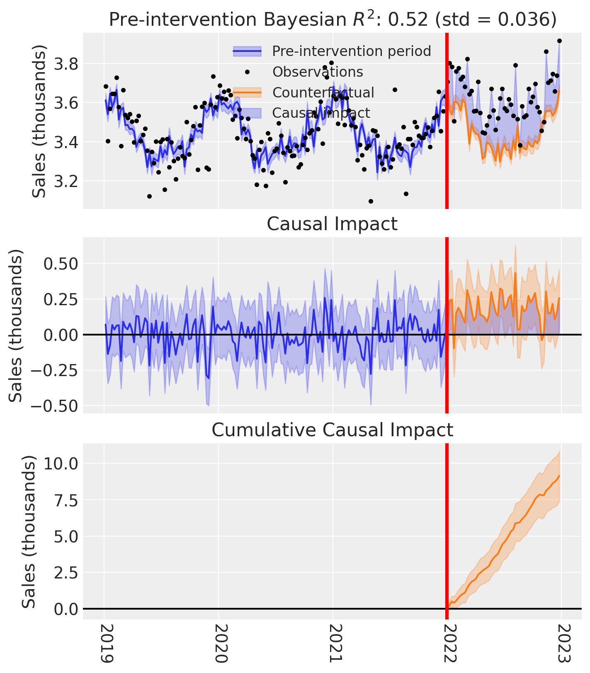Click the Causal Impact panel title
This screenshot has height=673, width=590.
[332, 224]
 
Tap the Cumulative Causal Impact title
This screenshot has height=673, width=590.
[332, 430]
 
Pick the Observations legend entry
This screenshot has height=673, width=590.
[318, 72]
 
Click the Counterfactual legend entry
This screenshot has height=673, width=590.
[323, 92]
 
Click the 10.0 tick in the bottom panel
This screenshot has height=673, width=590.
[61, 463]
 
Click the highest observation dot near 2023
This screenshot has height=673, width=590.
[559, 41]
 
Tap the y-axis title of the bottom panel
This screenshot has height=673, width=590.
[29, 532]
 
